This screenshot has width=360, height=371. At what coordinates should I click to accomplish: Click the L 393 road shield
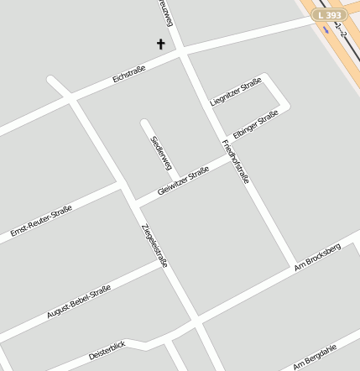tap(330, 15)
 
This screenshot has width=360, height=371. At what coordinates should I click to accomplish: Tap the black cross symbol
tap(161, 44)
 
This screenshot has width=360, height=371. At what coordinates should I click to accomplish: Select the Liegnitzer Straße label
tap(236, 91)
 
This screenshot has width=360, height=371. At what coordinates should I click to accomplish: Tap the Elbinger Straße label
tap(255, 124)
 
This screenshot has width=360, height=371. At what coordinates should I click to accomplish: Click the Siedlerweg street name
tap(160, 152)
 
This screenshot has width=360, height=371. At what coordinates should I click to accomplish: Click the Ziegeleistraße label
tap(154, 244)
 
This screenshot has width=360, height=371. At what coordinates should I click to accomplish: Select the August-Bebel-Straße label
tap(79, 303)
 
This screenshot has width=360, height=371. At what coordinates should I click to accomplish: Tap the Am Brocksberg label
tap(318, 258)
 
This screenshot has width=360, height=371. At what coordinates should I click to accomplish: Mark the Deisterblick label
tap(107, 351)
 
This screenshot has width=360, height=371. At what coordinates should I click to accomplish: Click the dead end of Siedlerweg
tap(145, 123)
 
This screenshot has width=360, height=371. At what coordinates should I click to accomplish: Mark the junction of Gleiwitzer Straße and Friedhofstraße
tap(227, 157)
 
